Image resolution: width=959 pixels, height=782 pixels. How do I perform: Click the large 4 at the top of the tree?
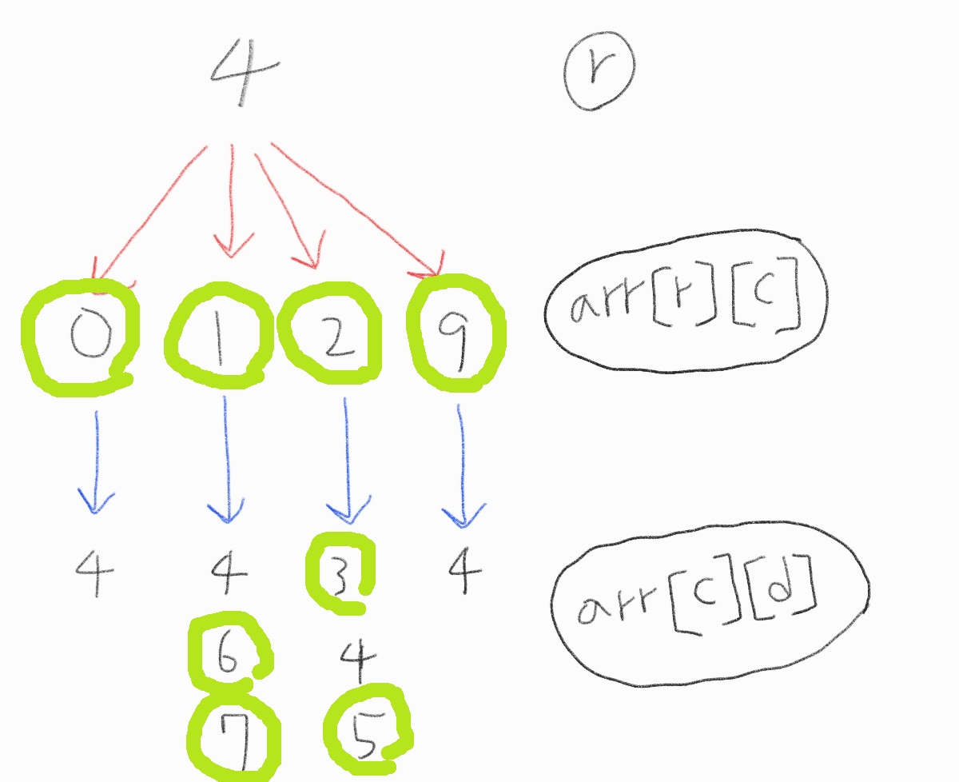(245, 72)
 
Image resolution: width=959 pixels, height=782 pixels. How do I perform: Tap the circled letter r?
(599, 71)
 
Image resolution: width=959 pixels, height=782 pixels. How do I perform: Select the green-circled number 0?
(81, 337)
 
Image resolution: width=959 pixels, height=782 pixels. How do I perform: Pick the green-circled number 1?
(219, 336)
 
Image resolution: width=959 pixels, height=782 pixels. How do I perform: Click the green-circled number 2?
(329, 333)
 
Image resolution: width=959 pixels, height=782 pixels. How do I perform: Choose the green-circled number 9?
(456, 333)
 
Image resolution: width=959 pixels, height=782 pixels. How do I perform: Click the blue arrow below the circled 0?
(96, 462)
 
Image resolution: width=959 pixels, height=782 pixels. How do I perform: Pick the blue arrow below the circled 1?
(226, 460)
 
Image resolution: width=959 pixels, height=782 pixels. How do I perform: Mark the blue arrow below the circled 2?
(348, 461)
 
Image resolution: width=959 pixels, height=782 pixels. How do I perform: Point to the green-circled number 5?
(367, 731)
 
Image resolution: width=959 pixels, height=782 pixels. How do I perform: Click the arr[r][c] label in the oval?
(686, 300)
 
